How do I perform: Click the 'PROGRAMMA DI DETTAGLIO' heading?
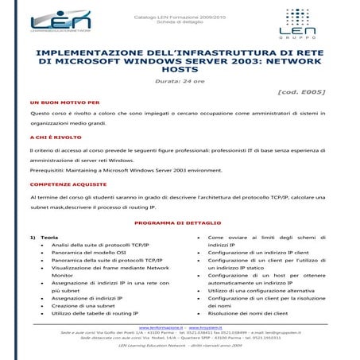(x=178, y=223)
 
